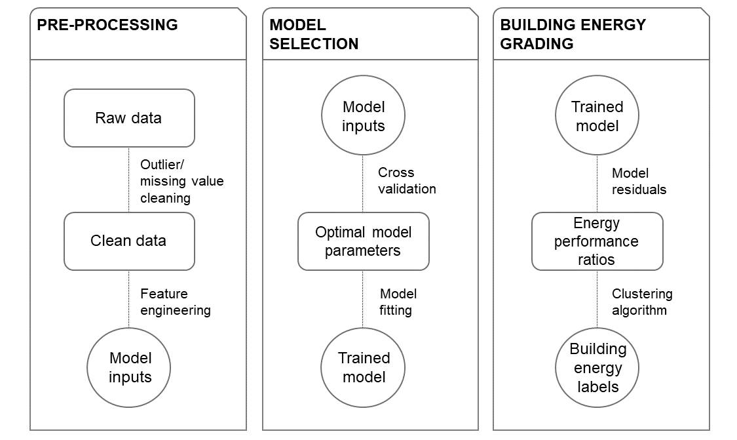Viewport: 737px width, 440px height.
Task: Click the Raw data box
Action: (129, 118)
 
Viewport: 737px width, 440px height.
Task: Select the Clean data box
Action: (129, 241)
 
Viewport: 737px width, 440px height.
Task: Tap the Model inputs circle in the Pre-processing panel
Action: (129, 367)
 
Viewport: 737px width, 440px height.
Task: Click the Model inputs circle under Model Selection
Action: (363, 115)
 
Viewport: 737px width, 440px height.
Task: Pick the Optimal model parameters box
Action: (364, 241)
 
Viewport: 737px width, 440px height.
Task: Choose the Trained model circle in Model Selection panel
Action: (363, 367)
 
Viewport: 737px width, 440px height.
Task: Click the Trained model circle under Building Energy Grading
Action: (597, 115)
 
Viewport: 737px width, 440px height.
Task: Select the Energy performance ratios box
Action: (597, 241)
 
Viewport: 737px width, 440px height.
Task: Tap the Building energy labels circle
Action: (597, 367)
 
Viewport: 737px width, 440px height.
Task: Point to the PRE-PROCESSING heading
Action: (107, 24)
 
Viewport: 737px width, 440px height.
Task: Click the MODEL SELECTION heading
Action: (314, 34)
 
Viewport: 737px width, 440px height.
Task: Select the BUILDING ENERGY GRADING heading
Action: (573, 34)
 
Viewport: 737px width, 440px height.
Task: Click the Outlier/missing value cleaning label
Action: (182, 181)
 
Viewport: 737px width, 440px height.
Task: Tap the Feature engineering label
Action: (176, 302)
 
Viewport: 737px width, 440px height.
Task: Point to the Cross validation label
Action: (407, 181)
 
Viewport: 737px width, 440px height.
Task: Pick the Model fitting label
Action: (398, 302)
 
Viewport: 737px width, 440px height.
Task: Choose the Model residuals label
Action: (639, 181)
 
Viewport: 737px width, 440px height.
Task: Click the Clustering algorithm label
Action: (642, 302)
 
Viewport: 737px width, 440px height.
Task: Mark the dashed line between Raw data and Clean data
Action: (129, 180)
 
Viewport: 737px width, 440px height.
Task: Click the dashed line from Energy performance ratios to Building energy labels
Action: (597, 299)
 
